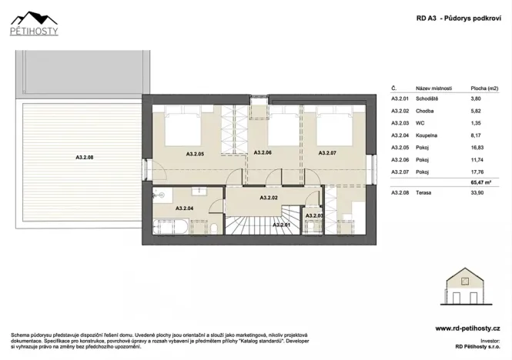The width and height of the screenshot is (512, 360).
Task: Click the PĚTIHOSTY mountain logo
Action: click(36, 22)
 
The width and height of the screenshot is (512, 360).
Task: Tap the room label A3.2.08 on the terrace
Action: click(85, 158)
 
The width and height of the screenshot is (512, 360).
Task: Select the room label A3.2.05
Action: click(195, 154)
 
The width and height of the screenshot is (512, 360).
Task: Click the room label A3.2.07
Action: click(328, 154)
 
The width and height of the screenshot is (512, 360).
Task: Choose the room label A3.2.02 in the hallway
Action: click(269, 198)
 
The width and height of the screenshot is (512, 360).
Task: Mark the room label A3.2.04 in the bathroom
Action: click(185, 208)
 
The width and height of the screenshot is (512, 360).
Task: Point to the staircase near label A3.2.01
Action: click(246, 225)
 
